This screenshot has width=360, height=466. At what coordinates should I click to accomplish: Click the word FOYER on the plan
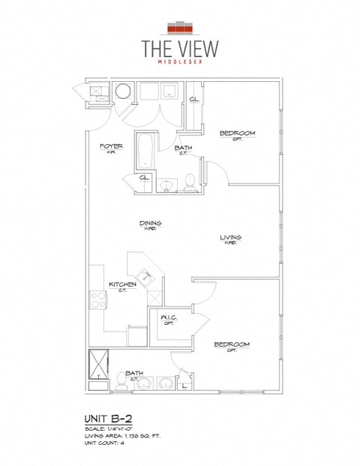point(110,146)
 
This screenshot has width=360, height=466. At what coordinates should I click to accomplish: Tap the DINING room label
point(150,223)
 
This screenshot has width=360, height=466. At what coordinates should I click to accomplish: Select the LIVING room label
point(229,238)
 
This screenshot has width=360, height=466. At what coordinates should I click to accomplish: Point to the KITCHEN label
point(122,284)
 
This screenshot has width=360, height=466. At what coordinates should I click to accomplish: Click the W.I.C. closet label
point(168,318)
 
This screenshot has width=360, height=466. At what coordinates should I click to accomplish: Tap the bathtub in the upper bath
point(145,151)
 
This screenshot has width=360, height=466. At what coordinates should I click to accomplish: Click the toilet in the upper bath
point(190,181)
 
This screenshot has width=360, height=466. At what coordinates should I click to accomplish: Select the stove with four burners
point(98,300)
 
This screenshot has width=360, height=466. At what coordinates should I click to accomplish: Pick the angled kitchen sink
point(146,278)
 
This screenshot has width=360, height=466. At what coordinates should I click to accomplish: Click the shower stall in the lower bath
point(98,369)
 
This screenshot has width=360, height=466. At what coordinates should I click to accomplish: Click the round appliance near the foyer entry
point(122,92)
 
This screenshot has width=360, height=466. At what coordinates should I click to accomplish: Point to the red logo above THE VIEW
point(179,28)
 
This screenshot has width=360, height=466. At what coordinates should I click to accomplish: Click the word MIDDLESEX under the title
point(180,63)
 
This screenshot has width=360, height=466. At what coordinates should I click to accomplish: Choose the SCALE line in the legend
point(112,428)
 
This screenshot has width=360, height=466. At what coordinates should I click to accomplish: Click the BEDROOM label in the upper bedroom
point(237,134)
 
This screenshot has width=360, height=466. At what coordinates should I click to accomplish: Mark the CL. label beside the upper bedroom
point(193,100)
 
